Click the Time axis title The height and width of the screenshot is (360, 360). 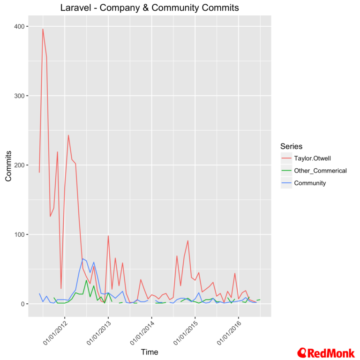[x=150, y=352]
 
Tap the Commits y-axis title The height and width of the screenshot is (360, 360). [x=8, y=165]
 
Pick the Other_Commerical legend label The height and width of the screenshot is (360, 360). [x=320, y=171]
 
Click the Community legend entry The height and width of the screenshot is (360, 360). [x=309, y=183]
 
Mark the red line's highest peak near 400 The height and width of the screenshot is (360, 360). [x=43, y=29]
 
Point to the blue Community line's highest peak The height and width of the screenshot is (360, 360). [x=82, y=259]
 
